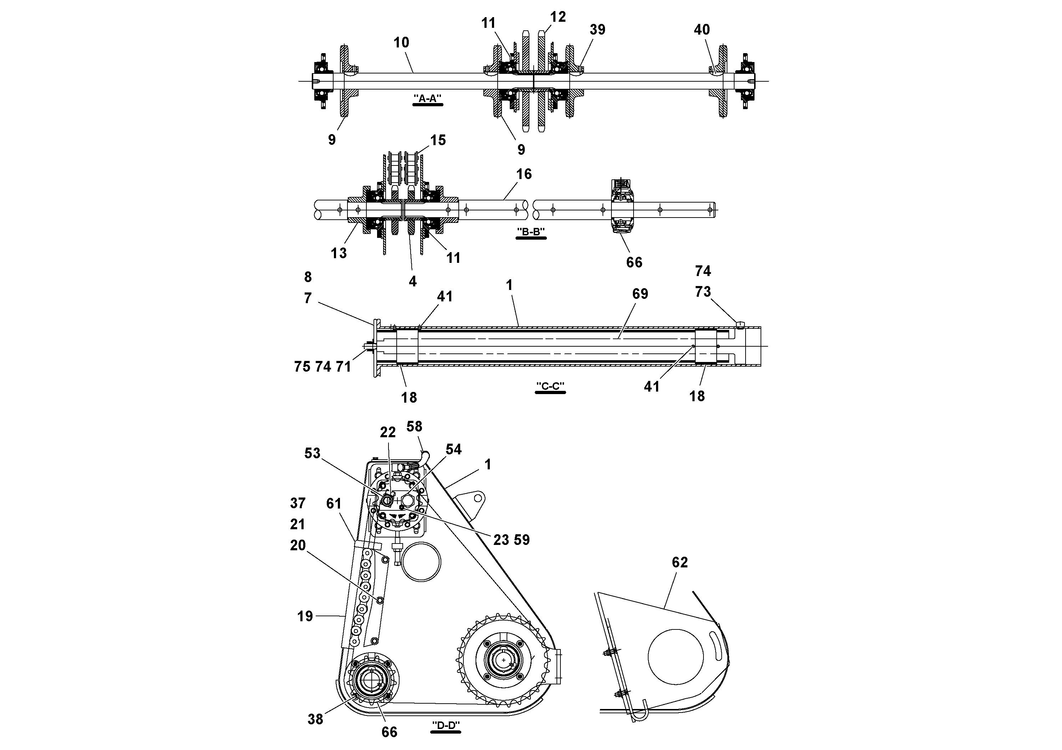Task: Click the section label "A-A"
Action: pyautogui.click(x=427, y=98)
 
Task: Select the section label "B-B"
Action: pyautogui.click(x=530, y=232)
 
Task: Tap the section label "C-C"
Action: pyautogui.click(x=550, y=386)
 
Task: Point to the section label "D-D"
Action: pyautogui.click(x=446, y=725)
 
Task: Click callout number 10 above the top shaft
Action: pyautogui.click(x=401, y=42)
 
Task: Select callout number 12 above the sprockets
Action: pyautogui.click(x=558, y=17)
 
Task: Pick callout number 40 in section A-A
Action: pyautogui.click(x=701, y=30)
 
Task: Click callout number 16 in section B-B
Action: pyautogui.click(x=524, y=174)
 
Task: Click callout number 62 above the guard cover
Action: pyautogui.click(x=680, y=562)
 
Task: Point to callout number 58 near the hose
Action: pyautogui.click(x=414, y=426)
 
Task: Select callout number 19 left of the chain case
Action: pyautogui.click(x=305, y=616)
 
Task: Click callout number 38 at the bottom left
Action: pyautogui.click(x=315, y=719)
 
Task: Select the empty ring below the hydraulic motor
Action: pyautogui.click(x=421, y=562)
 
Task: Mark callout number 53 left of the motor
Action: pyautogui.click(x=312, y=453)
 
